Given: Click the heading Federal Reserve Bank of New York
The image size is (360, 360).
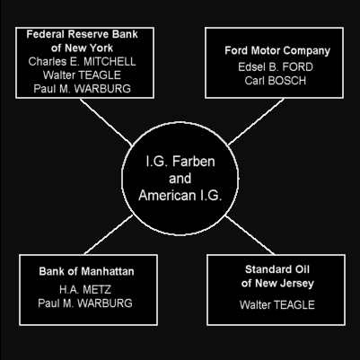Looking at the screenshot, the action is point(82,41).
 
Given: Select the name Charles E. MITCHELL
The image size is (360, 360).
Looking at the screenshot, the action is point(82,62).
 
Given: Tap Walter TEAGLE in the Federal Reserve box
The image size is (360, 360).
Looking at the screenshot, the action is point(82,75).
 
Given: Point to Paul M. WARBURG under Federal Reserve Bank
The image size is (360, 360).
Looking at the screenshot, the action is point(82,89).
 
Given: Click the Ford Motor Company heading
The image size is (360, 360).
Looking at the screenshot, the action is point(277,51).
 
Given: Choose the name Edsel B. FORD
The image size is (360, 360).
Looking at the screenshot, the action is point(276,66).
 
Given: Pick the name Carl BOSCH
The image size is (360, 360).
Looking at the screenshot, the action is point(276,81).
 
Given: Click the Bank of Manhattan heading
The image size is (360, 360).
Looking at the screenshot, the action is point(86,271).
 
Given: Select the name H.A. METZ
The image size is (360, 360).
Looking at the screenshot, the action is point(85,289).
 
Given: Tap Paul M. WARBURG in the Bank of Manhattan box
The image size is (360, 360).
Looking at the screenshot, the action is point(85,303).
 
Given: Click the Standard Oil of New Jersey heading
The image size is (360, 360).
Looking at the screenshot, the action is point(277,277).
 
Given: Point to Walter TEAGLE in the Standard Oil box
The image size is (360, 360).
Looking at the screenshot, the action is point(277,305).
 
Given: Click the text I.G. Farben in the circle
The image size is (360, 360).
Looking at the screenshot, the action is point(180,162).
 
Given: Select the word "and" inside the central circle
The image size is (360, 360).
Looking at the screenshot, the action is point(180,179).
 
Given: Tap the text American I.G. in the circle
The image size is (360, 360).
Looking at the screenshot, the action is point(180,196).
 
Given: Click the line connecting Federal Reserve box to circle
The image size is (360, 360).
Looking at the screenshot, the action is point(106,122).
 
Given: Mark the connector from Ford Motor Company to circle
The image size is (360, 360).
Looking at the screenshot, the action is point(256,121).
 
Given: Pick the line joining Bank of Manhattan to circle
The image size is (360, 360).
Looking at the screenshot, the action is point(109,234).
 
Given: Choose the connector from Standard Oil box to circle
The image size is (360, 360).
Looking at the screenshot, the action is point(250,234).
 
